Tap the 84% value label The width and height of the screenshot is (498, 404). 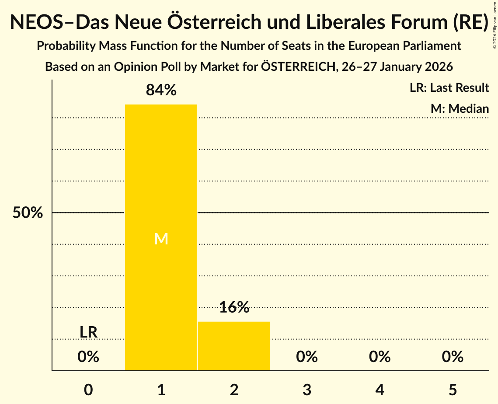(x=161, y=91)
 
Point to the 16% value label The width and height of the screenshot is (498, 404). (x=234, y=307)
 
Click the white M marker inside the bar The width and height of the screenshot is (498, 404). (x=161, y=239)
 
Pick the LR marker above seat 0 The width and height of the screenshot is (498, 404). (x=88, y=332)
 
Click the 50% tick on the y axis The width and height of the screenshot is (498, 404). (x=28, y=213)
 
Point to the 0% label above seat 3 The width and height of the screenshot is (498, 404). (x=307, y=357)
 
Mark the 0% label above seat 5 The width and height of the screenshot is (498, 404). (x=453, y=357)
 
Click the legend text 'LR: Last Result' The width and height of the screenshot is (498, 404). (x=449, y=88)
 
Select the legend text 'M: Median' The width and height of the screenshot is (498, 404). (x=460, y=108)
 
